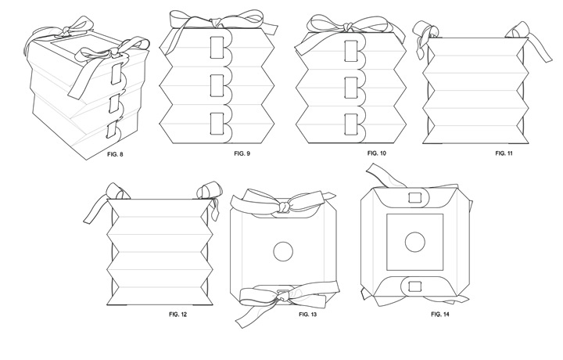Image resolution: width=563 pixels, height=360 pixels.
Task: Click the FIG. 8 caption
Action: pyautogui.click(x=115, y=155)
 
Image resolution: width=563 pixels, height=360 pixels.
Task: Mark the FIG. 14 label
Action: pyautogui.click(x=442, y=313)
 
